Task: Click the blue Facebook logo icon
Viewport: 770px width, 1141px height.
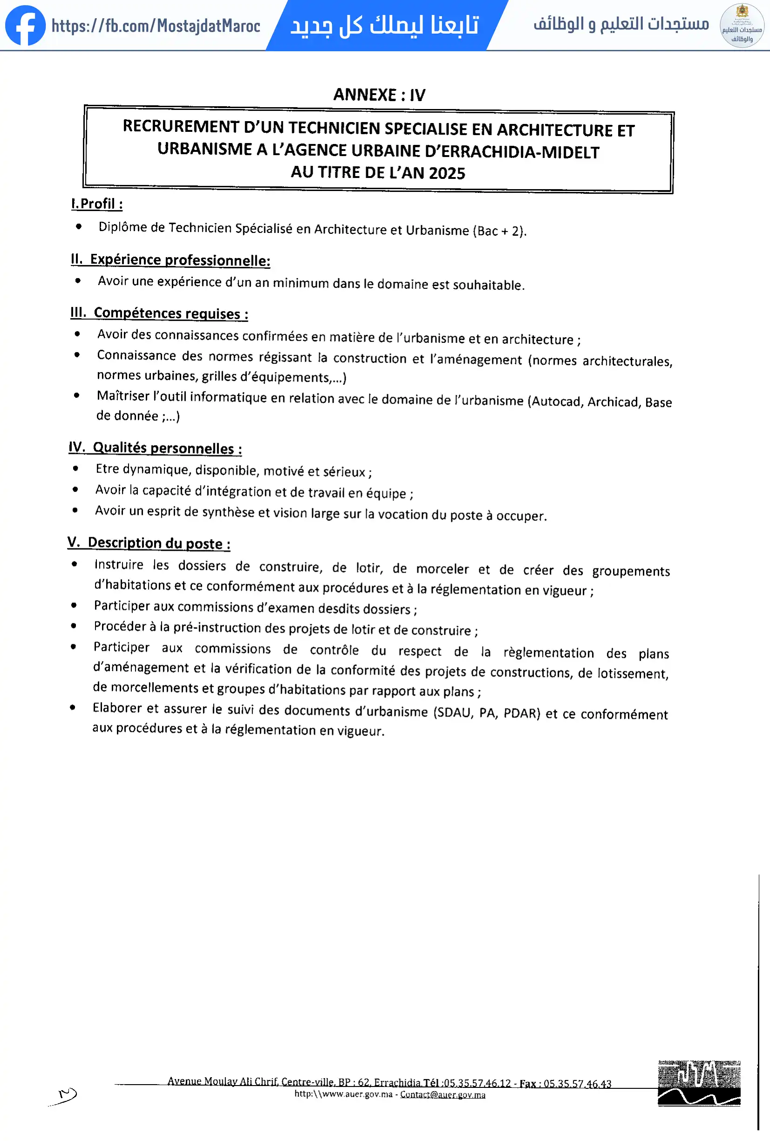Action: pos(25,26)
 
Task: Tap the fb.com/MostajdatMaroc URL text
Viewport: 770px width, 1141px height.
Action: pos(156,26)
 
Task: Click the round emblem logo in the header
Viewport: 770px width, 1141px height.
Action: pos(742,26)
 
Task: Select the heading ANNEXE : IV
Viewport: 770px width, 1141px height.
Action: pos(379,95)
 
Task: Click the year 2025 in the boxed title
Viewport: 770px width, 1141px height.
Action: pos(447,173)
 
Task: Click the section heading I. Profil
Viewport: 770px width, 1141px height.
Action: pos(97,204)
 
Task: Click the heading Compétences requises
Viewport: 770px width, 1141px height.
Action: pos(170,313)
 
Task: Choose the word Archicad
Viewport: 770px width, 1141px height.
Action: pos(613,402)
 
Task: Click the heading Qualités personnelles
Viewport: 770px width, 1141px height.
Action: pos(167,448)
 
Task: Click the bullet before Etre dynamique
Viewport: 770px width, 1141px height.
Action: pos(75,468)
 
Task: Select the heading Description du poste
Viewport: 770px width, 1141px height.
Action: pos(158,543)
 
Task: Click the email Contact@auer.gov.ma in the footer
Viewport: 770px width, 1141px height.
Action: pos(442,1094)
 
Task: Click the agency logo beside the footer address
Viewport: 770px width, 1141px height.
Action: pos(699,1084)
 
